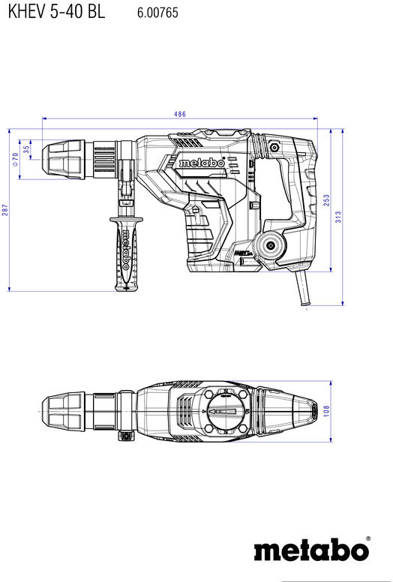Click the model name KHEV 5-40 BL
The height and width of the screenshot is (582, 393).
point(56,11)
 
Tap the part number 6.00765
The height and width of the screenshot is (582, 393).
point(157,13)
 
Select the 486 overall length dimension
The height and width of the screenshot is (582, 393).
point(180,114)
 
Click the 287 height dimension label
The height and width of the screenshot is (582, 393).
point(4,210)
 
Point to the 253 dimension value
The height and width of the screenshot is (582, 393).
point(326,200)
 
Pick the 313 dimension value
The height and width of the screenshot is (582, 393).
point(338,217)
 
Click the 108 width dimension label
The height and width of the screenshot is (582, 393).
point(326,411)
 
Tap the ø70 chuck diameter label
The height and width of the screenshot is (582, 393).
point(15,159)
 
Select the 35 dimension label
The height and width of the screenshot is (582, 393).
point(26,149)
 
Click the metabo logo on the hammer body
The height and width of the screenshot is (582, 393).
point(202,163)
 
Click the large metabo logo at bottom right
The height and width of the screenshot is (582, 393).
point(311,550)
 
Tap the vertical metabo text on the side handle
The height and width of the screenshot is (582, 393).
point(126,249)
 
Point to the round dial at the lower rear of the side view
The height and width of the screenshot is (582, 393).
point(270,245)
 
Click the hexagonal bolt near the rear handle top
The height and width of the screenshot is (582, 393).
point(274,147)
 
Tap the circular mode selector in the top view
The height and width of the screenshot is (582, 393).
point(224,412)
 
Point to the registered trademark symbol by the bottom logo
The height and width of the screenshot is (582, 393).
point(368,538)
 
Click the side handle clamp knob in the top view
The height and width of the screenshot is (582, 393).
point(126,436)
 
